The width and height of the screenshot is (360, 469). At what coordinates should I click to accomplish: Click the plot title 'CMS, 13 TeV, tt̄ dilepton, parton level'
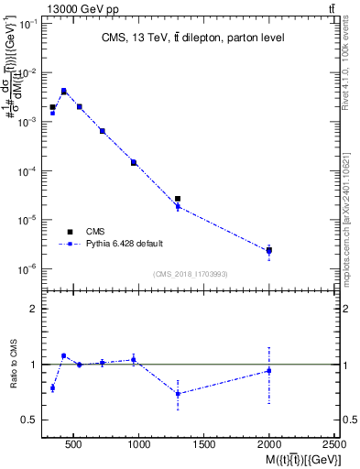pyautogui.click(x=191, y=38)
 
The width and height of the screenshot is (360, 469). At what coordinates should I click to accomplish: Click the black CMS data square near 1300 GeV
pyautogui.click(x=178, y=199)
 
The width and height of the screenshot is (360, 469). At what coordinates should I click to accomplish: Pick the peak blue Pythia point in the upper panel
pyautogui.click(x=63, y=91)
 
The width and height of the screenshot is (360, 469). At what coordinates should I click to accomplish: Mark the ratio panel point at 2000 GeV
pyautogui.click(x=268, y=370)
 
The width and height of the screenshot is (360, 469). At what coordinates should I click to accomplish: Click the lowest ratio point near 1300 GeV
pyautogui.click(x=178, y=394)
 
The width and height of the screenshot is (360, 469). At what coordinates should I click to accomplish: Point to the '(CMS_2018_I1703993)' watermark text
pyautogui.click(x=191, y=273)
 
